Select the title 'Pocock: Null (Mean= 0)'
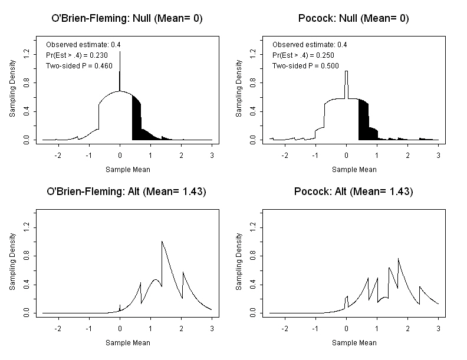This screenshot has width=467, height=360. point(353,18)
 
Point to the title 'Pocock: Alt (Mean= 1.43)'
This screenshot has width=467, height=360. point(353,191)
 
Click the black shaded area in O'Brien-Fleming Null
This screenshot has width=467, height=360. point(137,121)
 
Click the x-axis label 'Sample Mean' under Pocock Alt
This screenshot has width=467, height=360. point(354,342)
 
